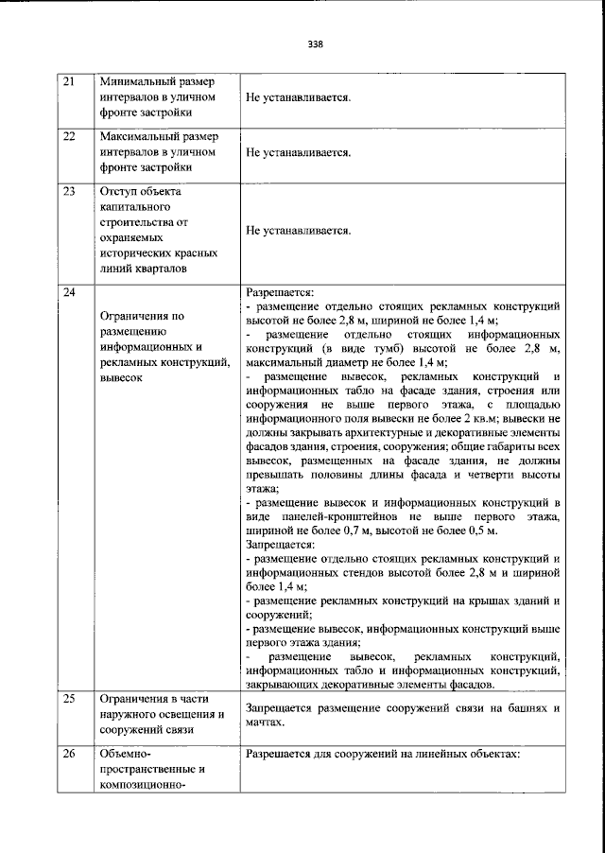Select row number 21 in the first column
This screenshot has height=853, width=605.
click(x=68, y=81)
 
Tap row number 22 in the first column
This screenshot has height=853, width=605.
click(x=68, y=136)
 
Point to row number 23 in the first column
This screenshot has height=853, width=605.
click(x=68, y=191)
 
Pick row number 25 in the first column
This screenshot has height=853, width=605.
click(x=68, y=700)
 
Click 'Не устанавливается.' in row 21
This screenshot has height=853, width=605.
click(x=298, y=97)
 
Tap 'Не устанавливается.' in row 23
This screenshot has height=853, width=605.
click(x=298, y=230)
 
